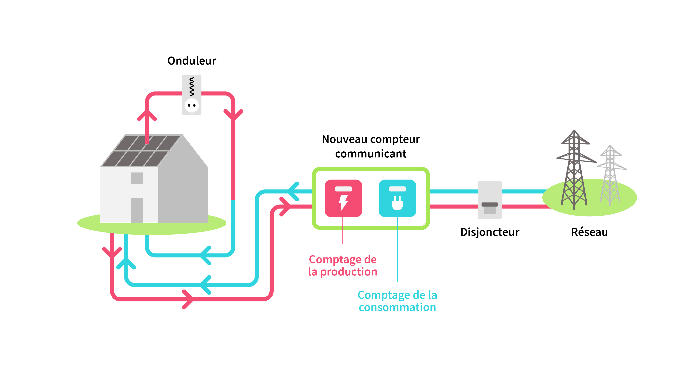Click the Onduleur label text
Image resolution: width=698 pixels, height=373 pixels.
tap(192, 61)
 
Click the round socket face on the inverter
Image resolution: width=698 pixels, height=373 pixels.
tap(192, 105)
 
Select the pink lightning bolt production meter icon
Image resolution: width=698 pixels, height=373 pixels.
tap(343, 198)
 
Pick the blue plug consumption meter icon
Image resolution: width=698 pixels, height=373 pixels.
tap(397, 198)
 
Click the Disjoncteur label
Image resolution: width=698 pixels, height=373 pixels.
tap(490, 232)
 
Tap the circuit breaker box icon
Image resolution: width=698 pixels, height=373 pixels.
tap(490, 200)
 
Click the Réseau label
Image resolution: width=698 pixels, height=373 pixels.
tap(589, 232)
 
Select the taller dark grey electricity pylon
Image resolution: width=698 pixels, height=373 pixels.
tap(574, 171)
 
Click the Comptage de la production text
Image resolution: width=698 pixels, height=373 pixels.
tap(343, 265)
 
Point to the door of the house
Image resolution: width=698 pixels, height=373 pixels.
tap(137, 210)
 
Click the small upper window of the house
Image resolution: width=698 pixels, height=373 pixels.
tap(137, 178)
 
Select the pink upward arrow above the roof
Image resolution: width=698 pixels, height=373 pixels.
tap(147, 115)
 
